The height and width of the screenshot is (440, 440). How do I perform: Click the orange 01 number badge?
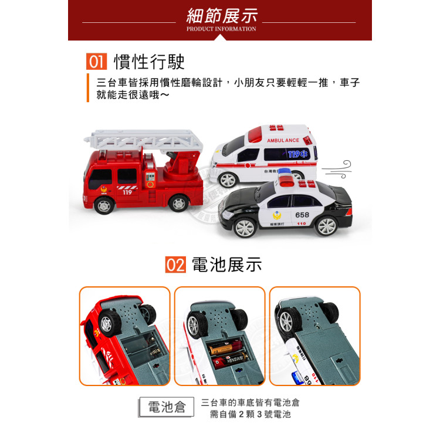(x=96, y=62)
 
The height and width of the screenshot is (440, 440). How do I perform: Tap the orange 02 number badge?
(x=175, y=265)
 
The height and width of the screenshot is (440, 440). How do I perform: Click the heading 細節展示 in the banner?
(x=221, y=15)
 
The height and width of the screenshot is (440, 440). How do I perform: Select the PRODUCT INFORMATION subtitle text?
(x=221, y=29)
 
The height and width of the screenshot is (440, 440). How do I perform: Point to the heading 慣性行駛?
(x=149, y=62)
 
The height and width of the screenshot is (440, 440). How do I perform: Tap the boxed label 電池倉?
(x=167, y=407)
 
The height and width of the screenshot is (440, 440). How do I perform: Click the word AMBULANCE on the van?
(x=283, y=141)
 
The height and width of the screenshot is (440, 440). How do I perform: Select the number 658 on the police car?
(x=302, y=215)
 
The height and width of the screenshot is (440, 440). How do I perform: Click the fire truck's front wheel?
(x=104, y=205)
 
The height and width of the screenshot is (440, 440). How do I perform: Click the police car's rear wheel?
(x=325, y=225)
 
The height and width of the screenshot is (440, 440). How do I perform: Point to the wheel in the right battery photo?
(x=289, y=321)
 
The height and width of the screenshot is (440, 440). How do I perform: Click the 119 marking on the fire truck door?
(x=127, y=192)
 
